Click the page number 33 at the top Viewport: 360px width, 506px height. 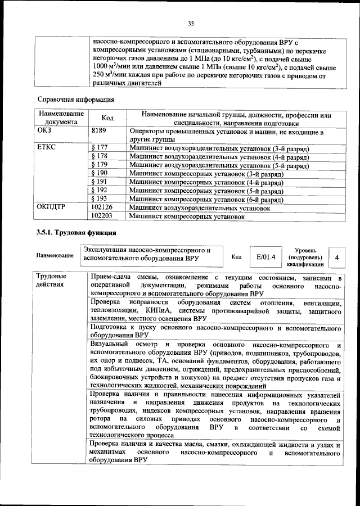click(x=190, y=23)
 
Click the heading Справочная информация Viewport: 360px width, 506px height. click(x=75, y=100)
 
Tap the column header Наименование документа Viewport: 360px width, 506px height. click(x=61, y=118)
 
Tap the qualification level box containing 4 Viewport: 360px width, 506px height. click(x=336, y=257)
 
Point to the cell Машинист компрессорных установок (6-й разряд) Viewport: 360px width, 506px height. click(x=205, y=198)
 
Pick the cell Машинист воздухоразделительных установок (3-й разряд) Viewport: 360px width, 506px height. click(x=219, y=148)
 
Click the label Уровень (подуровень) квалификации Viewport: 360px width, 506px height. click(x=304, y=257)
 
